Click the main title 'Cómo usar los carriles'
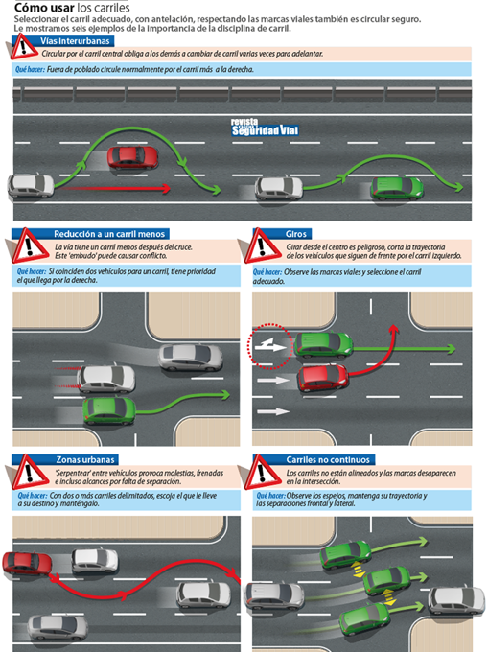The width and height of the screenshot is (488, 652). click(71, 7)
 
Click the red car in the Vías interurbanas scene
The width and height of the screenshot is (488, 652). click(128, 156)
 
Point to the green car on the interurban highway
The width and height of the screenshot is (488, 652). click(395, 188)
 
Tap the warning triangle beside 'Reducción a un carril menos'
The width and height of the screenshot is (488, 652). click(30, 244)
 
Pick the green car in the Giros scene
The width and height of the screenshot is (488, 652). click(323, 342)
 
